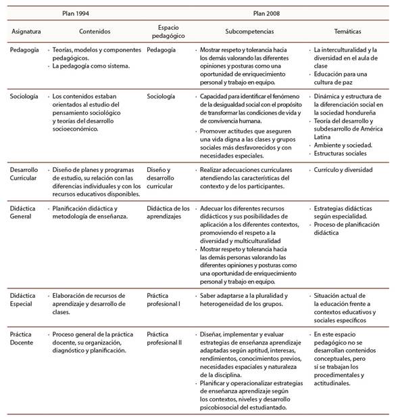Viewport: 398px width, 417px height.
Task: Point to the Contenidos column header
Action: (94, 32)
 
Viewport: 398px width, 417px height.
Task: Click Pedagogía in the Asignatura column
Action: (24, 50)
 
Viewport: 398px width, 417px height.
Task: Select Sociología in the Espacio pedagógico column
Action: (160, 97)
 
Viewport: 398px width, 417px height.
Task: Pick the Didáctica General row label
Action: (24, 213)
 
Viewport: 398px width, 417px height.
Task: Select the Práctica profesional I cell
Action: (164, 300)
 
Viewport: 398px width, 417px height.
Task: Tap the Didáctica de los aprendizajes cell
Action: (168, 213)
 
